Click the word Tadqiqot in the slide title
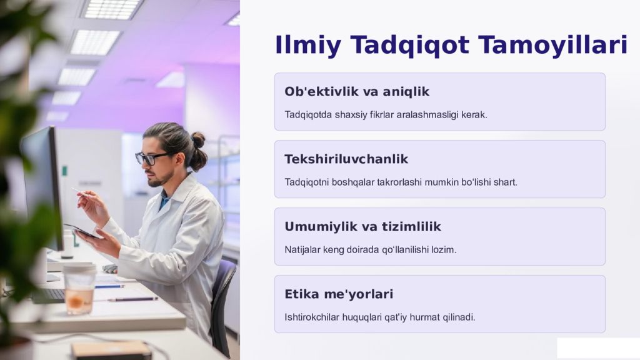pyautogui.click(x=410, y=46)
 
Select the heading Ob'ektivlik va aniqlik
pyautogui.click(x=357, y=92)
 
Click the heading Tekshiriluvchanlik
pyautogui.click(x=346, y=159)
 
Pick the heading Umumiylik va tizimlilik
pyautogui.click(x=362, y=227)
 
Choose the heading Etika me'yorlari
pyautogui.click(x=339, y=294)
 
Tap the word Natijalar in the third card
pyautogui.click(x=302, y=250)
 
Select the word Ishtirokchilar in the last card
pyautogui.click(x=312, y=317)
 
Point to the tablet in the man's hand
pyautogui.click(x=81, y=231)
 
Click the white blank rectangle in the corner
pyautogui.click(x=597, y=348)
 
